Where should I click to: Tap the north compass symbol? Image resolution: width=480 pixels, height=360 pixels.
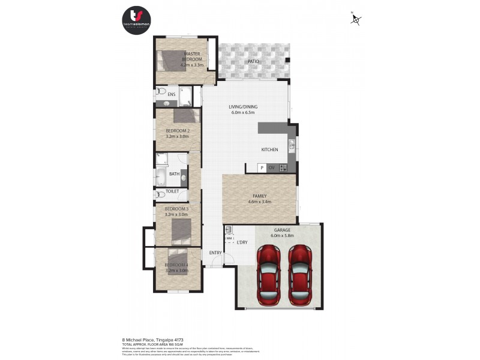(356, 20)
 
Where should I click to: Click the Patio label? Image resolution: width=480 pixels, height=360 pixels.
(253, 61)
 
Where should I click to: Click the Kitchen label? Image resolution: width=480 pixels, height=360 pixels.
(269, 149)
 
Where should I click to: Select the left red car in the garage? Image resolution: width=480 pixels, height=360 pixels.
(269, 274)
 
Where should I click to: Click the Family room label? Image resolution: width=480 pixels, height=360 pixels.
(260, 199)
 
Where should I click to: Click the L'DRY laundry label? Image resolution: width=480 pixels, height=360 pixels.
(242, 242)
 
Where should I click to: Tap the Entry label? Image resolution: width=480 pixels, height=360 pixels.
(215, 253)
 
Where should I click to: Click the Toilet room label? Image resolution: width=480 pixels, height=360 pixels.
(172, 191)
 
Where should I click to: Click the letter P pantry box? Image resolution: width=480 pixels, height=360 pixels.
(262, 167)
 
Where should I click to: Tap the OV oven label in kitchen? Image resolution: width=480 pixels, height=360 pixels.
(271, 167)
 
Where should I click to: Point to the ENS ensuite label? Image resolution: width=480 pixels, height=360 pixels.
(171, 94)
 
